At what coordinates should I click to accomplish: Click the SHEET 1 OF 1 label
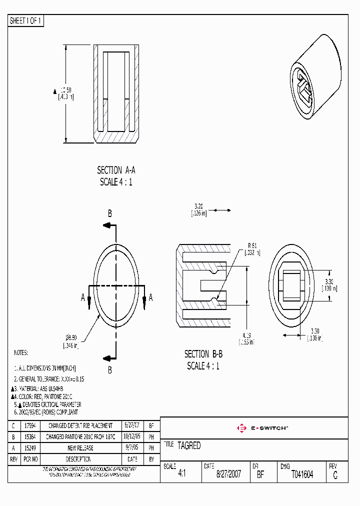pyautogui.click(x=26, y=21)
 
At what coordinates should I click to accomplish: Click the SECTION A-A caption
pyautogui.click(x=116, y=170)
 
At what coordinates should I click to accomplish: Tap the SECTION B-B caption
pyautogui.click(x=203, y=354)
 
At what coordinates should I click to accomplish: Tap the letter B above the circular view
pyautogui.click(x=110, y=213)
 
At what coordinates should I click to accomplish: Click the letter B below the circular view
pyautogui.click(x=110, y=370)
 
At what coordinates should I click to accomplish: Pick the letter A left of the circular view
pyautogui.click(x=83, y=297)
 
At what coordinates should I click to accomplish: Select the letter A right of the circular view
pyautogui.click(x=150, y=297)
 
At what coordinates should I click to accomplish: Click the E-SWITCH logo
pyautogui.click(x=262, y=428)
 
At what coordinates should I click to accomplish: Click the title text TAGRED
pyautogui.click(x=188, y=445)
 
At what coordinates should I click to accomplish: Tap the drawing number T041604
pyautogui.click(x=302, y=475)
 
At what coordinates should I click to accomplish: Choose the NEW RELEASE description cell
pyautogui.click(x=80, y=448)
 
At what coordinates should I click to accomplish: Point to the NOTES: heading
pyautogui.click(x=21, y=353)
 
